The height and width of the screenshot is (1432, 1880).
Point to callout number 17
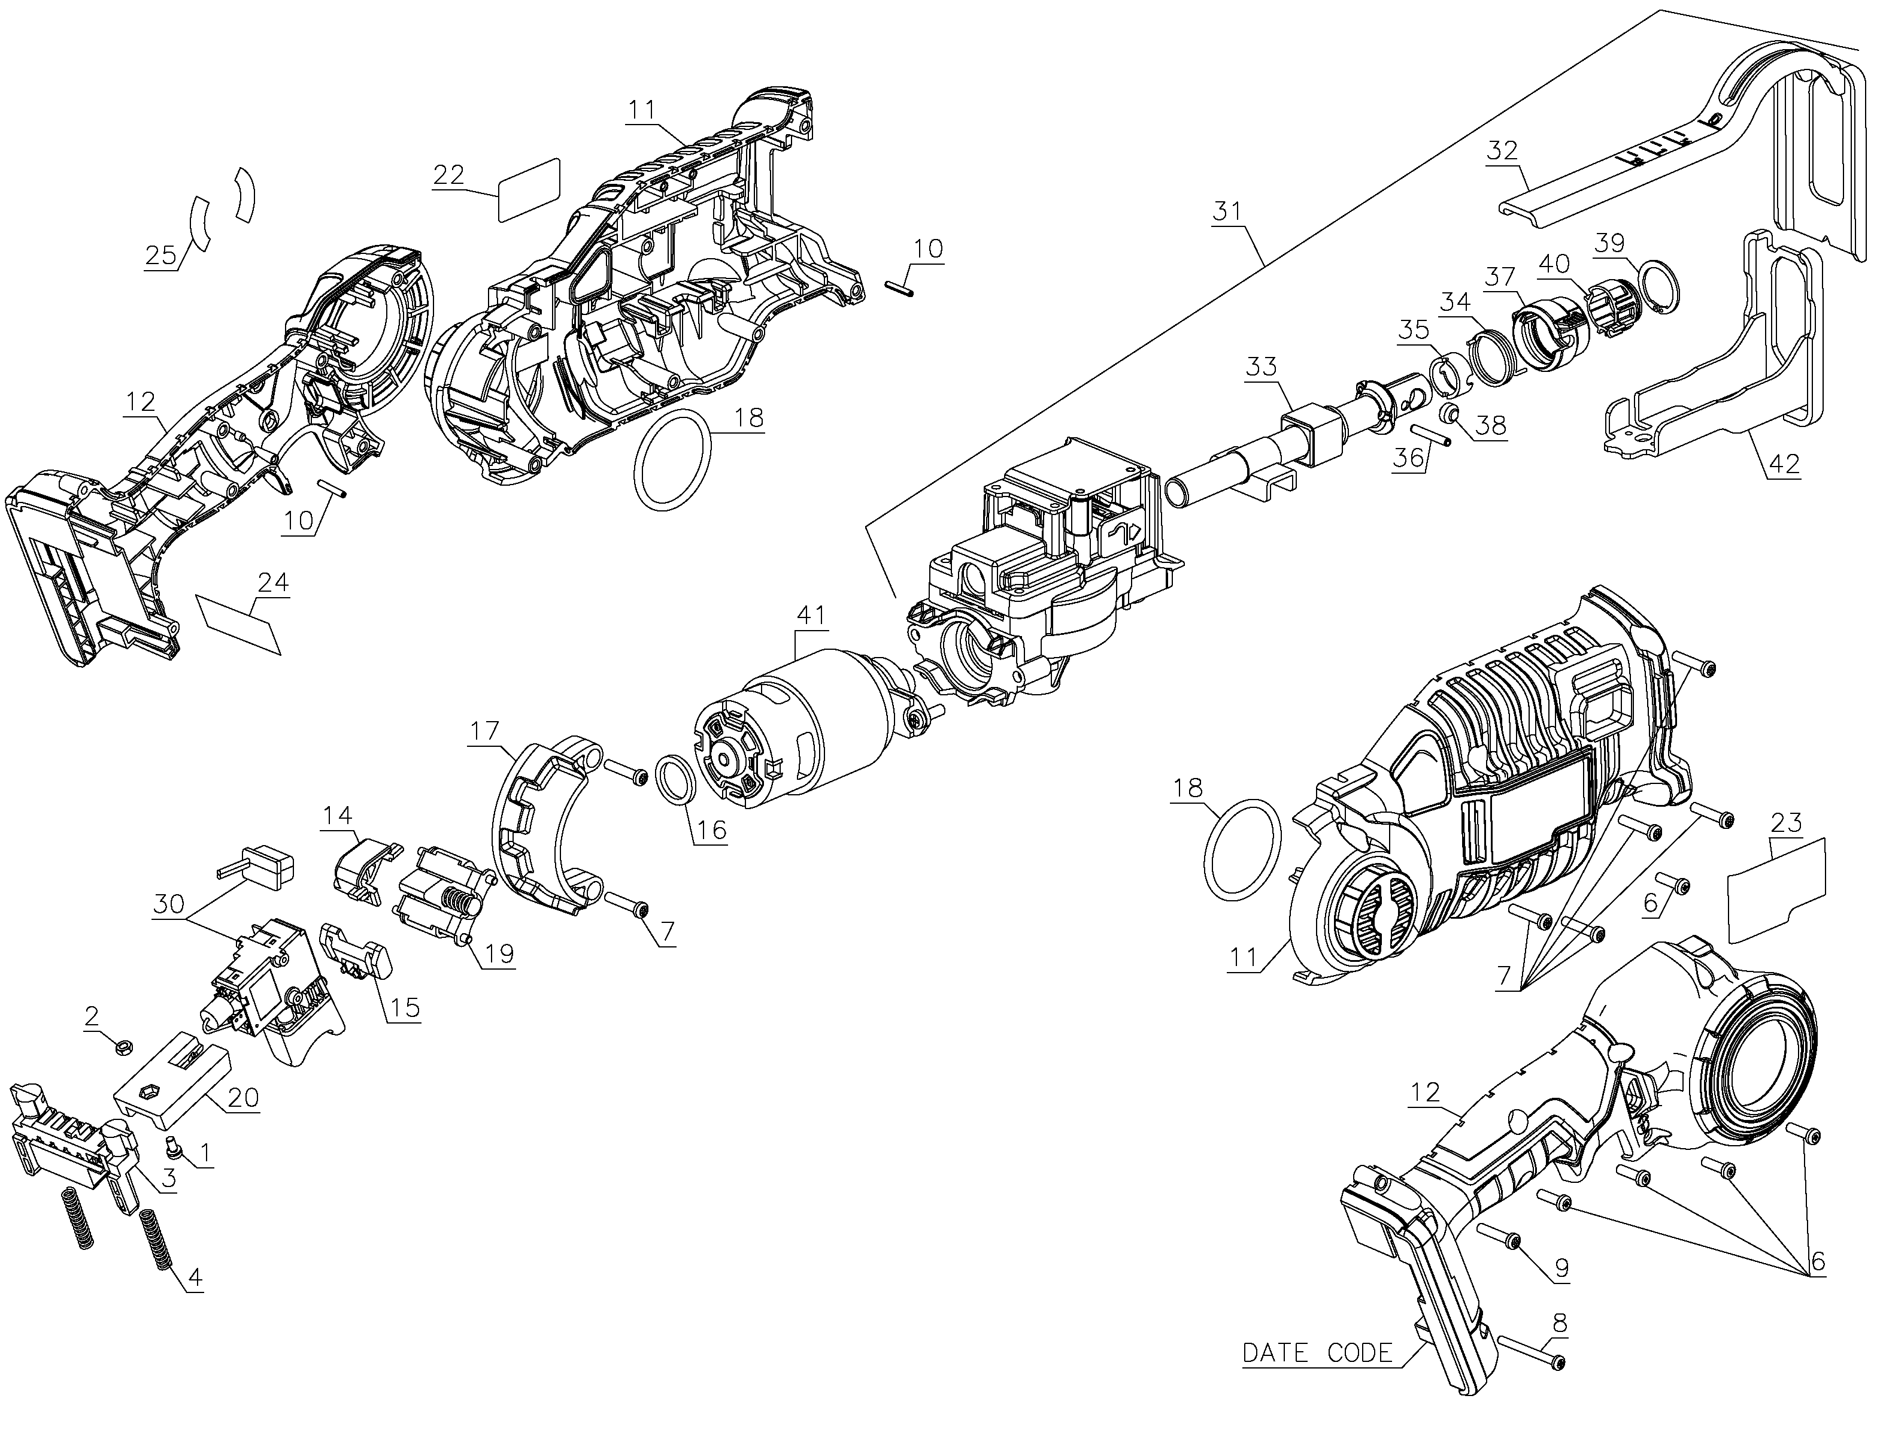(484, 731)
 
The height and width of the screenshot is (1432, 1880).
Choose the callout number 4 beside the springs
(195, 1277)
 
